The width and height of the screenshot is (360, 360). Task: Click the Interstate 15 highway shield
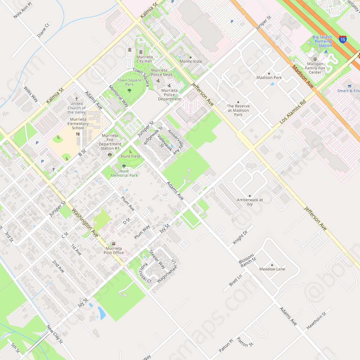[x=343, y=39]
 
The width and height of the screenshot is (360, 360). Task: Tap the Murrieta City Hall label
[x=144, y=59]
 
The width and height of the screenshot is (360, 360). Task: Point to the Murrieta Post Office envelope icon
[x=114, y=244]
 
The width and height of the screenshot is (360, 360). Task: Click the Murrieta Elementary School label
[x=78, y=123]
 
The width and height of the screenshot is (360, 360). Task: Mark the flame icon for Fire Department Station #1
[x=109, y=154]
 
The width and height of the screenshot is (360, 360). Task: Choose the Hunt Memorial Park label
[x=124, y=173]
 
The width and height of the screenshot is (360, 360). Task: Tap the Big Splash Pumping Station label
[x=322, y=41]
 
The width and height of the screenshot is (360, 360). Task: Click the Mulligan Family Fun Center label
[x=315, y=68]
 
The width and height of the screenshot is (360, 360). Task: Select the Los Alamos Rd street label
[x=293, y=112]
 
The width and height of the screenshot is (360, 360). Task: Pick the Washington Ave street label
[x=85, y=222]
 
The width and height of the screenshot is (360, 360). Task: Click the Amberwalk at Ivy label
[x=250, y=202]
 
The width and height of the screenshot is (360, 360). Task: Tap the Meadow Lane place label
[x=272, y=269]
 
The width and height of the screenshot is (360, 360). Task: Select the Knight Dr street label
[x=240, y=237]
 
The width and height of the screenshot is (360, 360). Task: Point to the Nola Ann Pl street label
[x=22, y=10]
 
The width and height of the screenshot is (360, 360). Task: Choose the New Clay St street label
[x=55, y=334]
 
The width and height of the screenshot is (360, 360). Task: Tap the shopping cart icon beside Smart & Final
[x=349, y=86]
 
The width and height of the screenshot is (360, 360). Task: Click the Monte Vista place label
[x=191, y=61]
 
